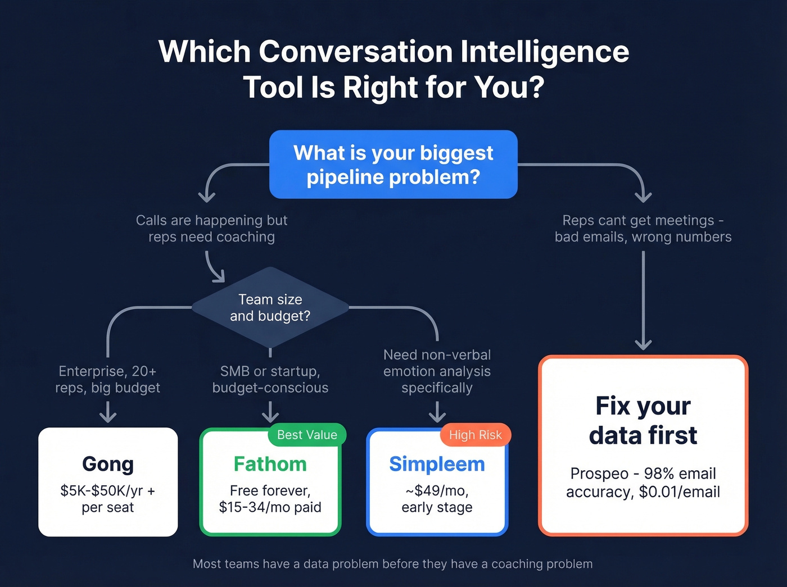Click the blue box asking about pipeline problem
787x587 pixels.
pos(393,165)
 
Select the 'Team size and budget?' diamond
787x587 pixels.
pos(270,307)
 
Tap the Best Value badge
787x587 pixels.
pos(307,435)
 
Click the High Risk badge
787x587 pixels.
pos(475,435)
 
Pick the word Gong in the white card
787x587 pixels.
pos(108,464)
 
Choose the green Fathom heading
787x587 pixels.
pos(270,464)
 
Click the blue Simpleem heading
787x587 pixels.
pos(437,464)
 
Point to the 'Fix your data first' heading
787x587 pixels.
pos(643,420)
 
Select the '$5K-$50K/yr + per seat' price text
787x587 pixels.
pos(108,499)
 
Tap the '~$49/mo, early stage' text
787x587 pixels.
pos(437,499)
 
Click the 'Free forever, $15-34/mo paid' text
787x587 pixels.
pos(270,499)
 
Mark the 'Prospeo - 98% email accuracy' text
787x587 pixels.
pos(643,483)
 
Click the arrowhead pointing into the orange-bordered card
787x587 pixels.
pos(643,344)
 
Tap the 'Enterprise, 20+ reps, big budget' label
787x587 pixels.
pos(108,380)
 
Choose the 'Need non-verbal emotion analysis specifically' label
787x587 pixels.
pos(437,371)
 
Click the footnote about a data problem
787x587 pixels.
pos(392,564)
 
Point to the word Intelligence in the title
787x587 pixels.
pos(544,52)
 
